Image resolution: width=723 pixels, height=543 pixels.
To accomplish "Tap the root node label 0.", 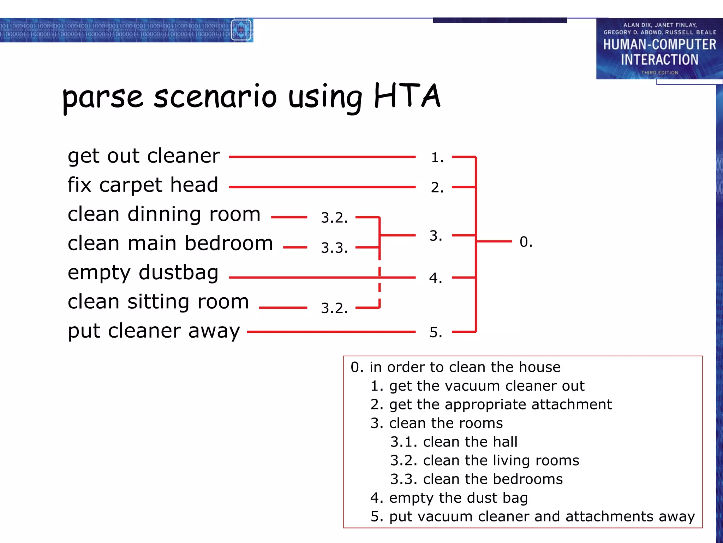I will click(x=526, y=242).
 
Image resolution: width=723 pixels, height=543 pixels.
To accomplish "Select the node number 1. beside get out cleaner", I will click(x=437, y=157).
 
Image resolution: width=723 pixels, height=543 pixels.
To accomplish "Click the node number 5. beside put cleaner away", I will click(x=436, y=332).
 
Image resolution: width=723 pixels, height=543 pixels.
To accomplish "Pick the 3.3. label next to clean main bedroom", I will click(x=334, y=248).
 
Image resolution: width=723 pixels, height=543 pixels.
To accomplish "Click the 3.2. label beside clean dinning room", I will click(x=334, y=217).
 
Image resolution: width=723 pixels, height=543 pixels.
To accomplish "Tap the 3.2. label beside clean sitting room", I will click(x=334, y=308).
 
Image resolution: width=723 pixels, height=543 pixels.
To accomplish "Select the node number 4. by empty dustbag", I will click(x=436, y=278).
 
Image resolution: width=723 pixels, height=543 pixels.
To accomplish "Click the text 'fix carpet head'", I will click(x=143, y=185).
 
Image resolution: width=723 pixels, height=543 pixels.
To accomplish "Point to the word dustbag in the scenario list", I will click(x=178, y=273).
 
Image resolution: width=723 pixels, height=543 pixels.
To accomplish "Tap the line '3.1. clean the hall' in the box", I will click(x=454, y=442).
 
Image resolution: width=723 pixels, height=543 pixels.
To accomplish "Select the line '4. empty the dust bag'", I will click(x=449, y=498).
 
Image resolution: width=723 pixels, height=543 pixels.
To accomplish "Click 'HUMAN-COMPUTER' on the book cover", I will click(x=659, y=45).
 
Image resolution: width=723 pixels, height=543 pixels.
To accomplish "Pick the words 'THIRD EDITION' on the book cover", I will click(x=659, y=72).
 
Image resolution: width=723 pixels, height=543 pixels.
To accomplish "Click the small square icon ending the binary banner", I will click(x=241, y=30).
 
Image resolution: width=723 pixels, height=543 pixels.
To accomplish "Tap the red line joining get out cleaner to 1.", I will click(x=322, y=157).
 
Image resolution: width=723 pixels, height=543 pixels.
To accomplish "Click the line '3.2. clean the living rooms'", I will click(x=484, y=461).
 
